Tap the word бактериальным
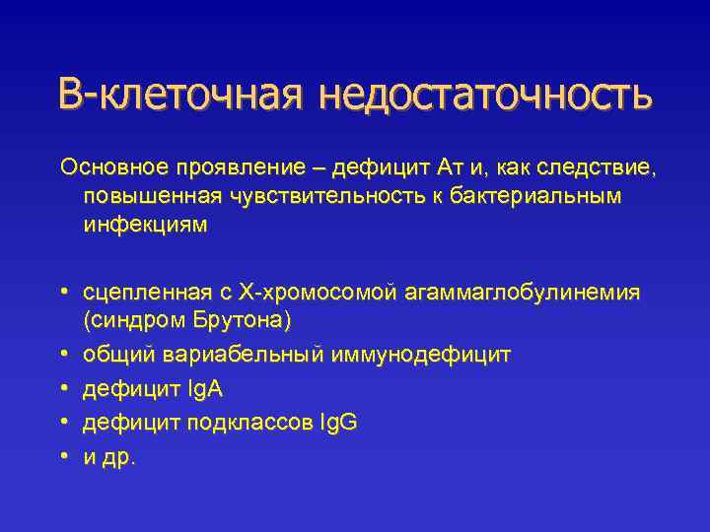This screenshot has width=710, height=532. click(538, 196)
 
